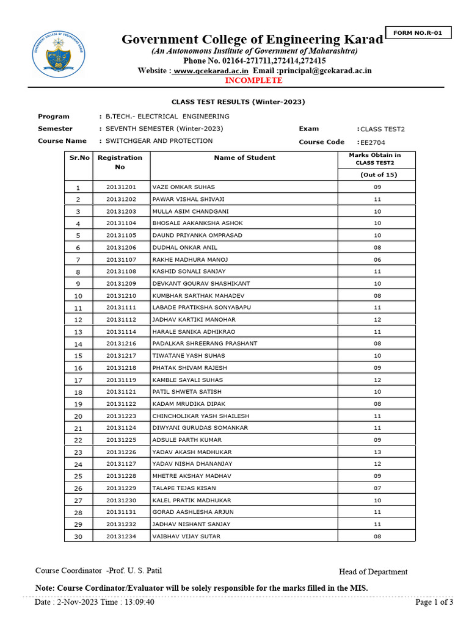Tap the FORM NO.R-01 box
(418, 33)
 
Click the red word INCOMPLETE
(253, 81)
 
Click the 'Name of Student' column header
(244, 157)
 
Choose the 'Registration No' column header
(120, 162)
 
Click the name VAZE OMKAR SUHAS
(183, 187)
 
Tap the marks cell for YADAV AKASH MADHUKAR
(377, 452)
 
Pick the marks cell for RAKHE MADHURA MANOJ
(377, 259)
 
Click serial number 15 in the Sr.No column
(78, 356)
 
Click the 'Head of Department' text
(373, 572)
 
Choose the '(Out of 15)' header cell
(377, 175)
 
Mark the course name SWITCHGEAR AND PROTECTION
(159, 141)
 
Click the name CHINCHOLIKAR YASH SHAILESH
(200, 416)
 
